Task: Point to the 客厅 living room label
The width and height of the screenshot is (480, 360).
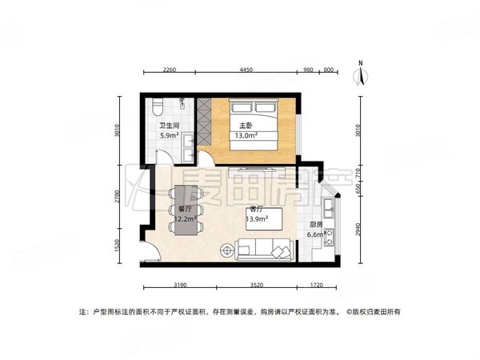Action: tap(255, 208)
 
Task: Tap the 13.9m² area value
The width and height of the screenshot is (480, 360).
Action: tap(255, 218)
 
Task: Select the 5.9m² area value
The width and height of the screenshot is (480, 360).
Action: tap(170, 136)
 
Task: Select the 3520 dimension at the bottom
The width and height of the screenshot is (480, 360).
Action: tap(256, 285)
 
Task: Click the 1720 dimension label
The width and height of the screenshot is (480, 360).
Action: tap(317, 285)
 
